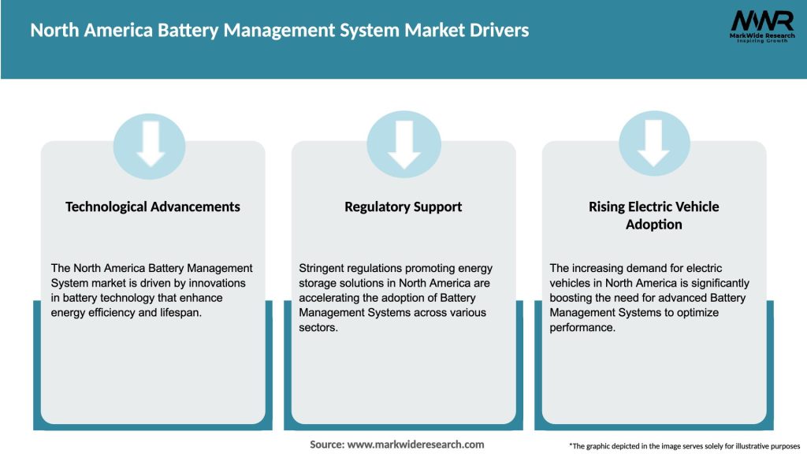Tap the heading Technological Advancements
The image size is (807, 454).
pyautogui.click(x=153, y=207)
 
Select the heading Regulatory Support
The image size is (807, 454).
pyautogui.click(x=403, y=207)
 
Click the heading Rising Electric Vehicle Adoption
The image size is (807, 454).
pyautogui.click(x=654, y=214)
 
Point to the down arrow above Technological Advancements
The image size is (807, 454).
pyautogui.click(x=150, y=146)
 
